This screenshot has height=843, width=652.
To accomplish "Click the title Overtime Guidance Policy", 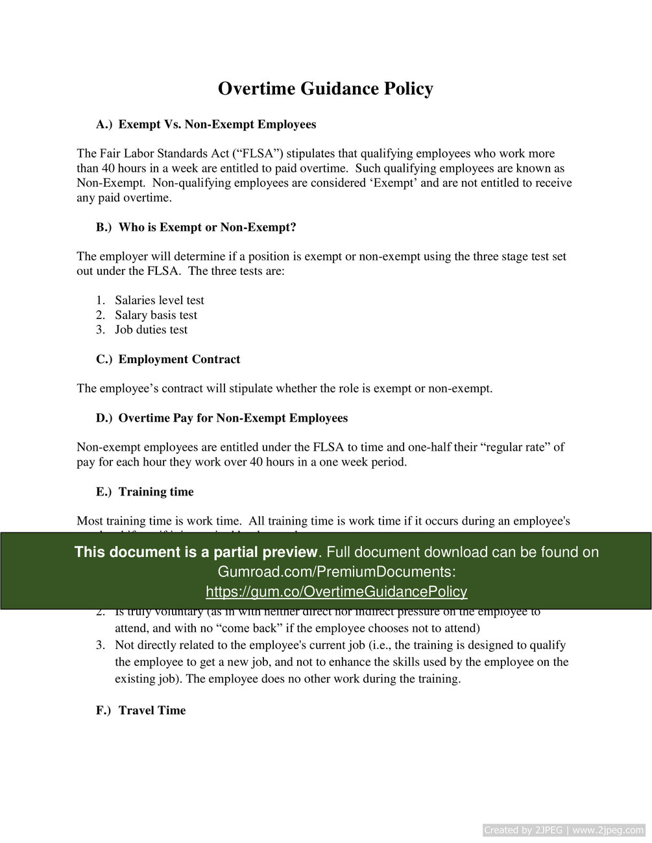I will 325,89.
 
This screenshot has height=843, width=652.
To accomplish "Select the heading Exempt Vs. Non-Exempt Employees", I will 217,125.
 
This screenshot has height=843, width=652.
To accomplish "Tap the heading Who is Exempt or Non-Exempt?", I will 207,228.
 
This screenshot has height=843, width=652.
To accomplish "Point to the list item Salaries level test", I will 159,300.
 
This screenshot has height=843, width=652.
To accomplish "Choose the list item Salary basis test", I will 156,315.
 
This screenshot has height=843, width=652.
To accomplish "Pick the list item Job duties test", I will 151,330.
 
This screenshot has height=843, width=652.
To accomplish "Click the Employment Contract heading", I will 179,359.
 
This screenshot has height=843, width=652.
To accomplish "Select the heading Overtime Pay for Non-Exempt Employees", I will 233,418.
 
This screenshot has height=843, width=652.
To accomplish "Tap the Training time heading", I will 156,492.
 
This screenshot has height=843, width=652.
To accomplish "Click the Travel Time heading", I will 152,711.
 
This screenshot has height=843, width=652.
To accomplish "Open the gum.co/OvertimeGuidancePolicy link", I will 336,591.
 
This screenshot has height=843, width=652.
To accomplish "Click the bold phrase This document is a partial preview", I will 195,552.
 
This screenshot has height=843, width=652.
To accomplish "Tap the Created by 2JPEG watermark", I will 563,830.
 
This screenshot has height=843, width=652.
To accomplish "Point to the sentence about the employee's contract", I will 284,389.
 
